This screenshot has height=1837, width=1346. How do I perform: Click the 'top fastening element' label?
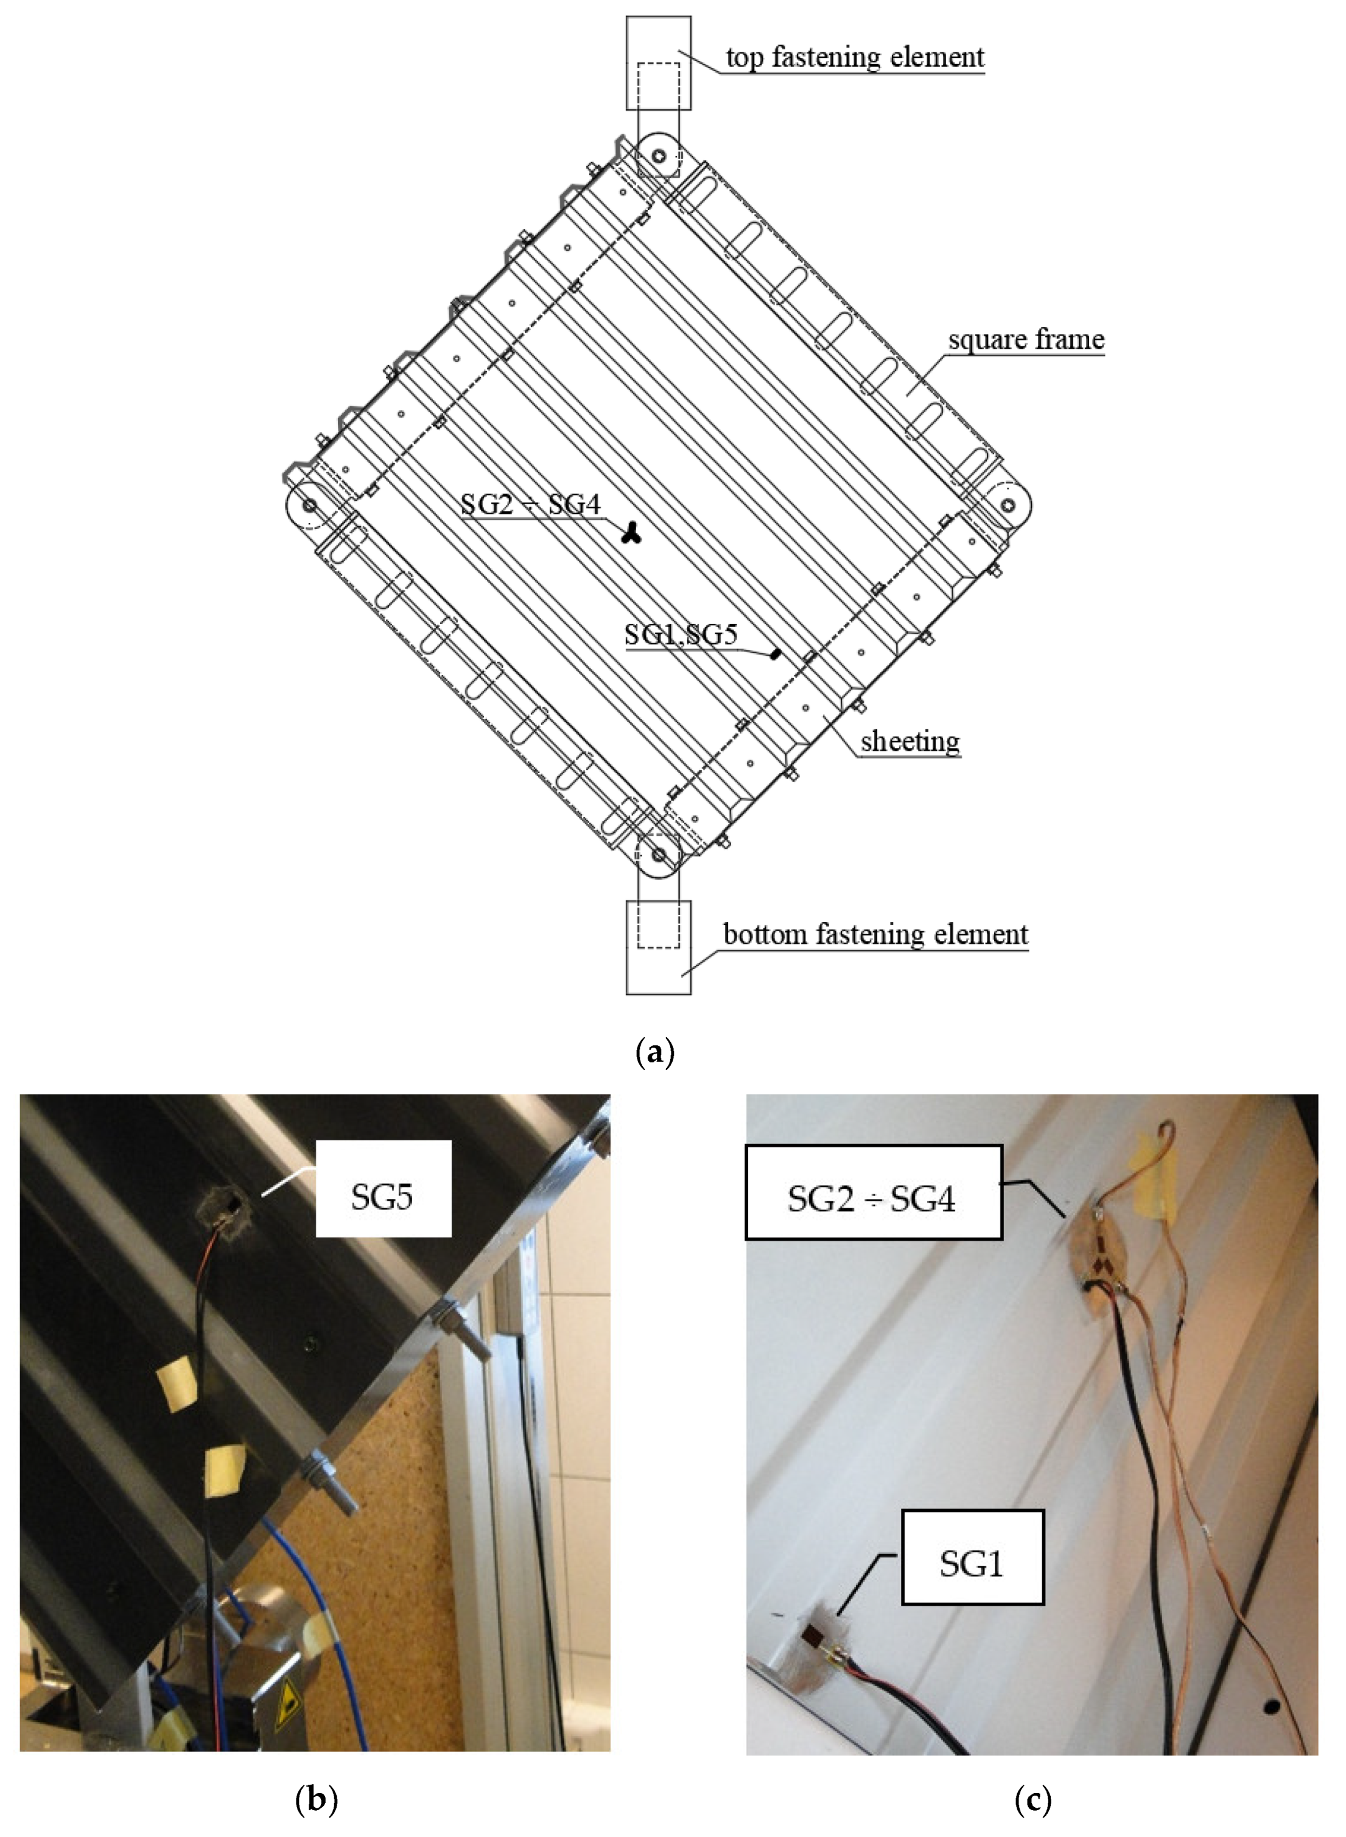click(x=855, y=58)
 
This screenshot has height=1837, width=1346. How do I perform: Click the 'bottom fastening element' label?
click(x=875, y=934)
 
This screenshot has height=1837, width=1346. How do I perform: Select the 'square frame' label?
click(x=1026, y=339)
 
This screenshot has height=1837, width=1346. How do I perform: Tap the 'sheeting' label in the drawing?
click(x=910, y=741)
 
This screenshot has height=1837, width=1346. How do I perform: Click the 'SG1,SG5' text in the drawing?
click(x=681, y=635)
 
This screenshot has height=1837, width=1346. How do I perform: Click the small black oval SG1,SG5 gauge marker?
click(x=776, y=653)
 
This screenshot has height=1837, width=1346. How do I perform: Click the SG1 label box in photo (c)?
click(x=972, y=1563)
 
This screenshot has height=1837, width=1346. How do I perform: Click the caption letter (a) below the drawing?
click(x=654, y=1052)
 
